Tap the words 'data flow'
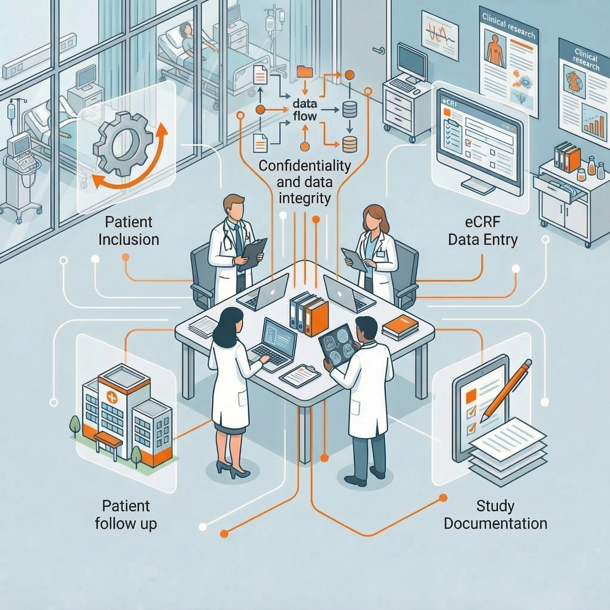click(x=305, y=110)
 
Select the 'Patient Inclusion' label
click(x=128, y=231)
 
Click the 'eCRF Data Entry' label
click(x=483, y=231)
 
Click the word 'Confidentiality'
click(x=305, y=166)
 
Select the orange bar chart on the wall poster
click(x=593, y=125)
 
